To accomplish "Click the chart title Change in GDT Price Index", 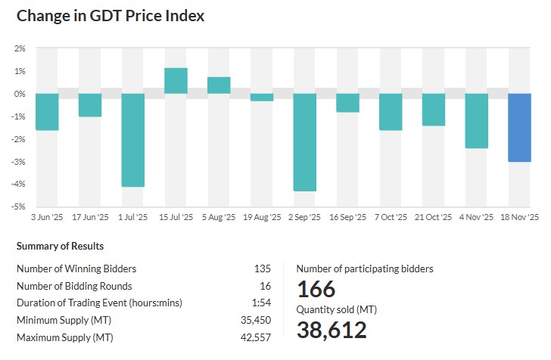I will tap(111, 15).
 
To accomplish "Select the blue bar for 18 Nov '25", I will tap(519, 128).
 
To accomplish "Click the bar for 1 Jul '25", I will tap(133, 140).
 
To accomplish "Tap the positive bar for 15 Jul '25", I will tap(176, 81).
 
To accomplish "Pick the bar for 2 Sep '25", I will tap(305, 142).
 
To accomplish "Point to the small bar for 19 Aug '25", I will tap(262, 98).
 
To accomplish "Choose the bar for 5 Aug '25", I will tap(219, 85).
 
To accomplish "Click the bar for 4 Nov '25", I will tap(476, 121).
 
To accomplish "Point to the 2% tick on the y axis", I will tap(20, 48).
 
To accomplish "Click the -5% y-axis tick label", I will tap(20, 206).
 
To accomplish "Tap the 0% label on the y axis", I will tap(20, 94).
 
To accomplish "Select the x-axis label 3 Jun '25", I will tap(47, 217).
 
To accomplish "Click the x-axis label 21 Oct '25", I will tap(433, 217).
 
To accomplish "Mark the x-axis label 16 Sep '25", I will tap(347, 217).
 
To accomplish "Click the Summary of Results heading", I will tap(60, 247).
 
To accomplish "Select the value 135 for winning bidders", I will tap(263, 268).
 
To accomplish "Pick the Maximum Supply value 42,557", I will tap(256, 337).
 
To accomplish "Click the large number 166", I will tap(316, 290).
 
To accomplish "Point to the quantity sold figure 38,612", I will tap(332, 331).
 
